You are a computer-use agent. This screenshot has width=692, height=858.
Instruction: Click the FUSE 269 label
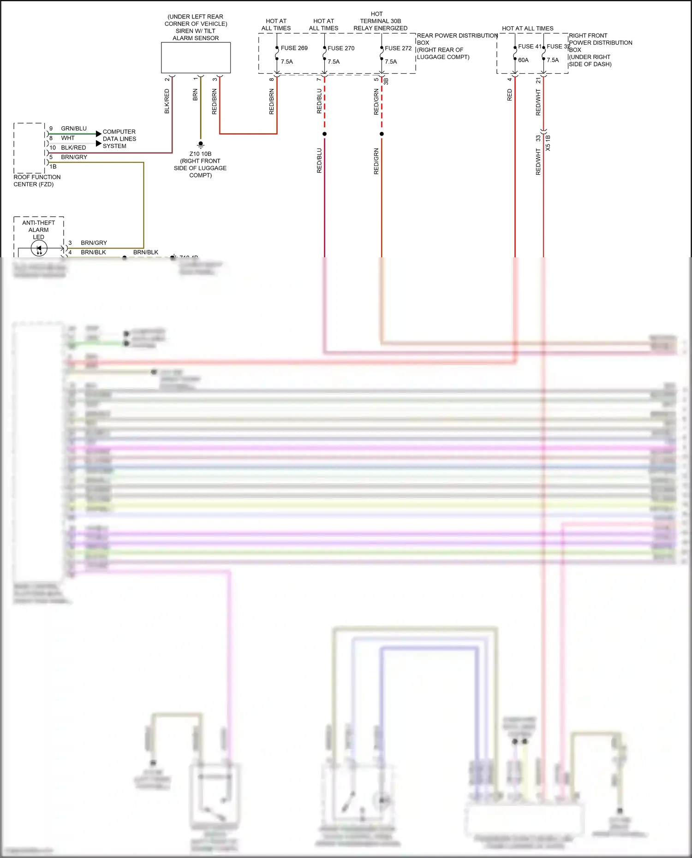pyautogui.click(x=294, y=48)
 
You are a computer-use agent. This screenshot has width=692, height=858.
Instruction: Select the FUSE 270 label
pyautogui.click(x=341, y=48)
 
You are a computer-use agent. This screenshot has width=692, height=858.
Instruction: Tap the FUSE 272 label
pyautogui.click(x=398, y=48)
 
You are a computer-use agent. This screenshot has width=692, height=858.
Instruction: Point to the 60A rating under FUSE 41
pyautogui.click(x=523, y=60)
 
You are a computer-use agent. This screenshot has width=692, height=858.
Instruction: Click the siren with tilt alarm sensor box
pyautogui.click(x=196, y=58)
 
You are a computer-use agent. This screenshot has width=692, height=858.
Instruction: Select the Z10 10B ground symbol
pyautogui.click(x=200, y=144)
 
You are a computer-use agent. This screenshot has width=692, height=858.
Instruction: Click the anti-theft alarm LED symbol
pyautogui.click(x=39, y=249)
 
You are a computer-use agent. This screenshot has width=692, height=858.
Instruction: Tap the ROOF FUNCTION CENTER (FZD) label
pyautogui.click(x=37, y=180)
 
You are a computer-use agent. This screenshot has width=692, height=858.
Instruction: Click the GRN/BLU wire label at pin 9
pyautogui.click(x=74, y=129)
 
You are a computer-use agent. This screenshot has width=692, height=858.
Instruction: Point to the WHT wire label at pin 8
pyautogui.click(x=67, y=138)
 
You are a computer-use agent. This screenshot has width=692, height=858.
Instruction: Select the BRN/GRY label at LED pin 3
pyautogui.click(x=94, y=243)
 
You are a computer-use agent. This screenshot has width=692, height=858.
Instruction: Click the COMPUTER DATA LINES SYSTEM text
pyautogui.click(x=119, y=139)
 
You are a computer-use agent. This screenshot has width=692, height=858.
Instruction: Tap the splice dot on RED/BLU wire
pyautogui.click(x=324, y=134)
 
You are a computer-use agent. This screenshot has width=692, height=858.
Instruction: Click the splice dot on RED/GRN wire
pyautogui.click(x=382, y=134)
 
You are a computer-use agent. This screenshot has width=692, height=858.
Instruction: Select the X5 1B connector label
pyautogui.click(x=548, y=142)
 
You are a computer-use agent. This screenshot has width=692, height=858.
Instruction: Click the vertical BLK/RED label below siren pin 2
pyautogui.click(x=167, y=101)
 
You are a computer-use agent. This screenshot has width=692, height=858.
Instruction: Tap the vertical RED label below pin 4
pyautogui.click(x=509, y=95)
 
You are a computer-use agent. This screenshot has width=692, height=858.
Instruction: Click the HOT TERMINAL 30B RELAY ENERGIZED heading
pyautogui.click(x=380, y=21)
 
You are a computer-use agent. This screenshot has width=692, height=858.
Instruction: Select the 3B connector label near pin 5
pyautogui.click(x=387, y=81)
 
